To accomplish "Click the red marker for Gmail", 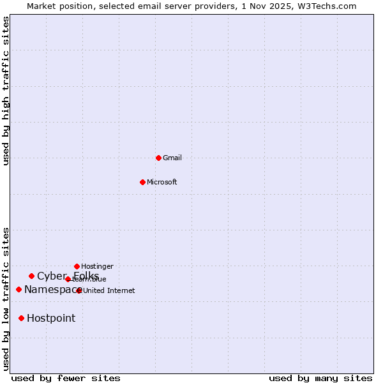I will click(x=158, y=158).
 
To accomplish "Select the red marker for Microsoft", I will click(x=142, y=182).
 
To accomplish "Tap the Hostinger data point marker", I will click(x=77, y=266).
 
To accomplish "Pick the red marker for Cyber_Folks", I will click(x=31, y=276).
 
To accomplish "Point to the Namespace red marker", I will click(x=19, y=289).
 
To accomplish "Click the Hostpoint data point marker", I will click(x=21, y=318).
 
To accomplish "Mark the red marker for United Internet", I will click(x=79, y=290).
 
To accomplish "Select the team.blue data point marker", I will click(x=68, y=279).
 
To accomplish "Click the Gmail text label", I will click(x=172, y=158).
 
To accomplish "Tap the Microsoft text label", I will click(x=162, y=182).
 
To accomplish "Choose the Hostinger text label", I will click(x=97, y=266).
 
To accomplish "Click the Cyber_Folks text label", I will click(x=68, y=276).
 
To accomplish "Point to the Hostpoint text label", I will click(x=51, y=318).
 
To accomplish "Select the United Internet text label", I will click(x=109, y=290).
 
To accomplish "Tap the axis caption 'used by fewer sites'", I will click(x=66, y=378).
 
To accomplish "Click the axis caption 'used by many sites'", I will click(x=320, y=378).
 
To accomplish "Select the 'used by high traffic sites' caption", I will click(x=6, y=91).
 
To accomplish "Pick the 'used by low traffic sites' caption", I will click(x=6, y=299).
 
